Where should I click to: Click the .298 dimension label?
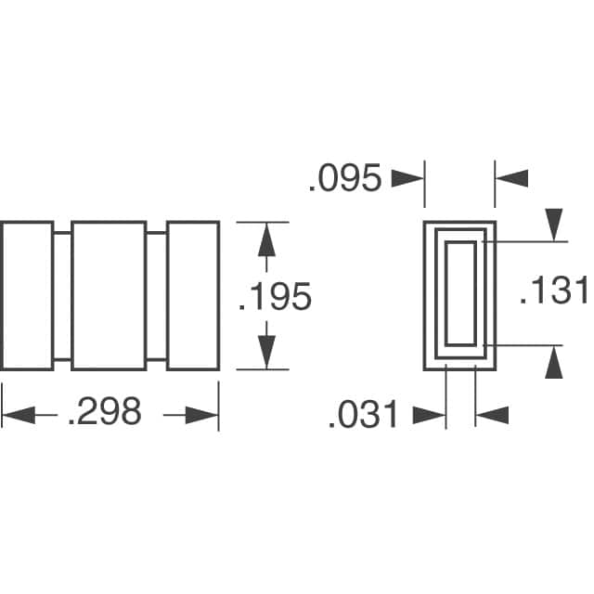[x=105, y=411]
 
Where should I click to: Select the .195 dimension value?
[x=275, y=296]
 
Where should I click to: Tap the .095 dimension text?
[x=344, y=178]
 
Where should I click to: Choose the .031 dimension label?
[x=363, y=415]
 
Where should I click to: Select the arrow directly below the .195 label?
[x=266, y=351]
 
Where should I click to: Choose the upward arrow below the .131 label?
[x=554, y=363]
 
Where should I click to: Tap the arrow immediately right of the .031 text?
[x=428, y=415]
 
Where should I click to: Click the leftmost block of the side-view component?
[x=27, y=295]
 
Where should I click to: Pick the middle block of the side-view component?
[x=109, y=295]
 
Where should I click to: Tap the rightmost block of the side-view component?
[x=193, y=295]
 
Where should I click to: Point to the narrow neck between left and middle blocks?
[x=62, y=295]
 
